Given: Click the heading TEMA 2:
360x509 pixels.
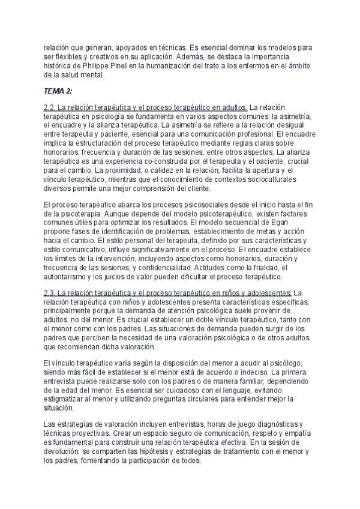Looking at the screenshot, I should [58, 91].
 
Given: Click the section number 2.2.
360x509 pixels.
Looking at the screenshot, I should [51, 106].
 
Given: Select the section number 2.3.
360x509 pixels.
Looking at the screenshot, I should [51, 293].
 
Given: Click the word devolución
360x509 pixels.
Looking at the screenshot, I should [64, 453].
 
